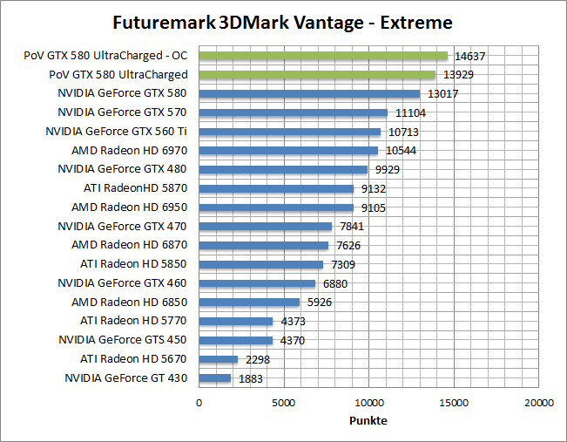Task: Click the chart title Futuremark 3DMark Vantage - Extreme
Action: (283, 21)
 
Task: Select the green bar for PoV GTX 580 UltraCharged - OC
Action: (323, 56)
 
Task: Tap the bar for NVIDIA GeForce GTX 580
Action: (309, 93)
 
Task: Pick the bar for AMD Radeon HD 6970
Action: (288, 151)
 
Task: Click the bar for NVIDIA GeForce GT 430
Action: (215, 378)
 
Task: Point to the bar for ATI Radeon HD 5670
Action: (219, 359)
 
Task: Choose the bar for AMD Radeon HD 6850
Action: (249, 303)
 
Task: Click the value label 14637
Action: (470, 56)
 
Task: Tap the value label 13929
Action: (458, 75)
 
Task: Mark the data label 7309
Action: (341, 264)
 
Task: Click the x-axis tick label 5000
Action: (284, 403)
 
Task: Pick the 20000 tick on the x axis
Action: (538, 403)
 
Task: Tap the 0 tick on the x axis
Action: (199, 403)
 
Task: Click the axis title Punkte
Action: (368, 420)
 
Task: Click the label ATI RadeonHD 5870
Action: (135, 188)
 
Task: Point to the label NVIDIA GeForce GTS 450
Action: (123, 340)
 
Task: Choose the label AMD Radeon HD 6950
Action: (129, 207)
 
